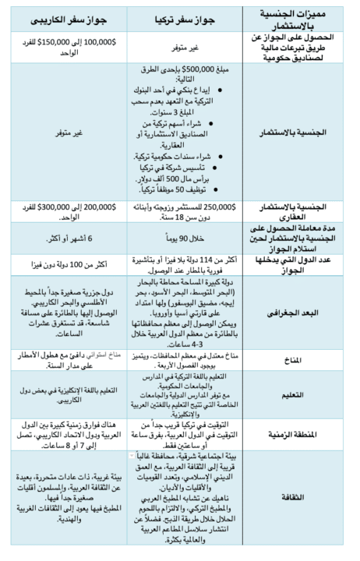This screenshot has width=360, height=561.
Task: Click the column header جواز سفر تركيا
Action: pyautogui.click(x=182, y=15)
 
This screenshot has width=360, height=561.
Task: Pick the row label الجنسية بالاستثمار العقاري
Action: pyautogui.click(x=301, y=210)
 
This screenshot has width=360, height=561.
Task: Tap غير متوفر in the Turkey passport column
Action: pyautogui.click(x=182, y=46)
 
